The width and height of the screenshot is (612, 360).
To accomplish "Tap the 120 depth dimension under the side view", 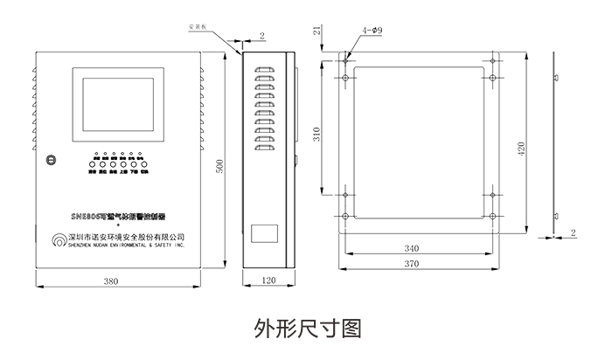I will pos(268,281).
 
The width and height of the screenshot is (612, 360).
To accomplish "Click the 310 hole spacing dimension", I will pos(319,135).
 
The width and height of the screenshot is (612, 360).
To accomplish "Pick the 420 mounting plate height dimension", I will pos(523,149).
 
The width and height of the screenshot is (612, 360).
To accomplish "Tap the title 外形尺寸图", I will pos(306,329).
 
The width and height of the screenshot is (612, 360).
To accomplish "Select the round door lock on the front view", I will pos(52,160).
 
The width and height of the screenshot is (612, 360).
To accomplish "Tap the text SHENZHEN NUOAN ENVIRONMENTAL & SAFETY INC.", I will pos(127,246).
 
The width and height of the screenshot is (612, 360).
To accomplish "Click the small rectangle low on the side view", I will pos(266,234).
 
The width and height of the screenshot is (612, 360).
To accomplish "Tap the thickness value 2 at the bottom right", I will pos(572,233).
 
